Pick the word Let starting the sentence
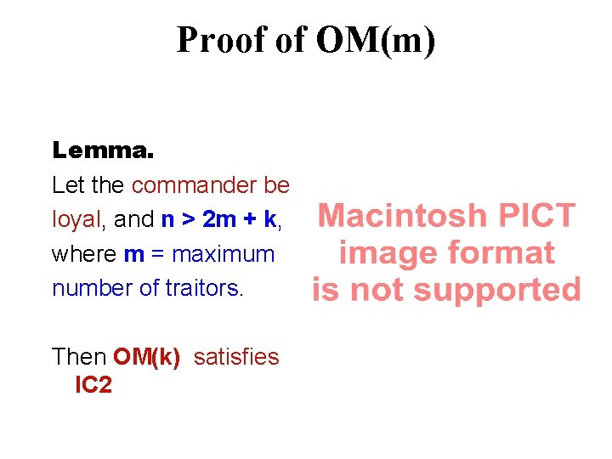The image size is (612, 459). coord(67,185)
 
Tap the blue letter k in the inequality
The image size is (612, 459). coord(269,219)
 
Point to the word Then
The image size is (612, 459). coord(79,357)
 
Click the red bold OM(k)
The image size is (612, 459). coord(146,357)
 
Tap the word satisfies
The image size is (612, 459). coord(236,357)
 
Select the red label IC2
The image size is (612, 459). coord(93,385)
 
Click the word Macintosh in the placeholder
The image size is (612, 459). coord(402,216)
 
